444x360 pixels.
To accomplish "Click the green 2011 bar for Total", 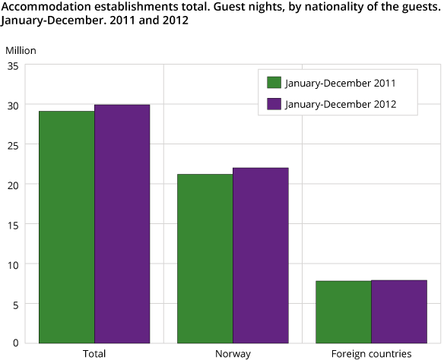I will coord(67,227).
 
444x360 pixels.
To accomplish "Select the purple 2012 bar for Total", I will coord(122,224).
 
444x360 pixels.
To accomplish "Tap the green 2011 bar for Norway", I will coord(205,258).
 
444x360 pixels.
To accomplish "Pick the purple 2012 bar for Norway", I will coord(261,255).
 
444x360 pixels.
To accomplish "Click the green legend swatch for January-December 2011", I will coord(274,82).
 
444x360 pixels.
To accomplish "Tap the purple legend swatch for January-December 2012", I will coord(274,104).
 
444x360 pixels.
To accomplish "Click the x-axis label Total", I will coord(94,354).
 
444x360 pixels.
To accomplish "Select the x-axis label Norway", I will coord(233,354).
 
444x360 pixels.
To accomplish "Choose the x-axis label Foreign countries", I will coord(371,354).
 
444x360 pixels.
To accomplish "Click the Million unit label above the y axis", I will coord(21,50).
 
